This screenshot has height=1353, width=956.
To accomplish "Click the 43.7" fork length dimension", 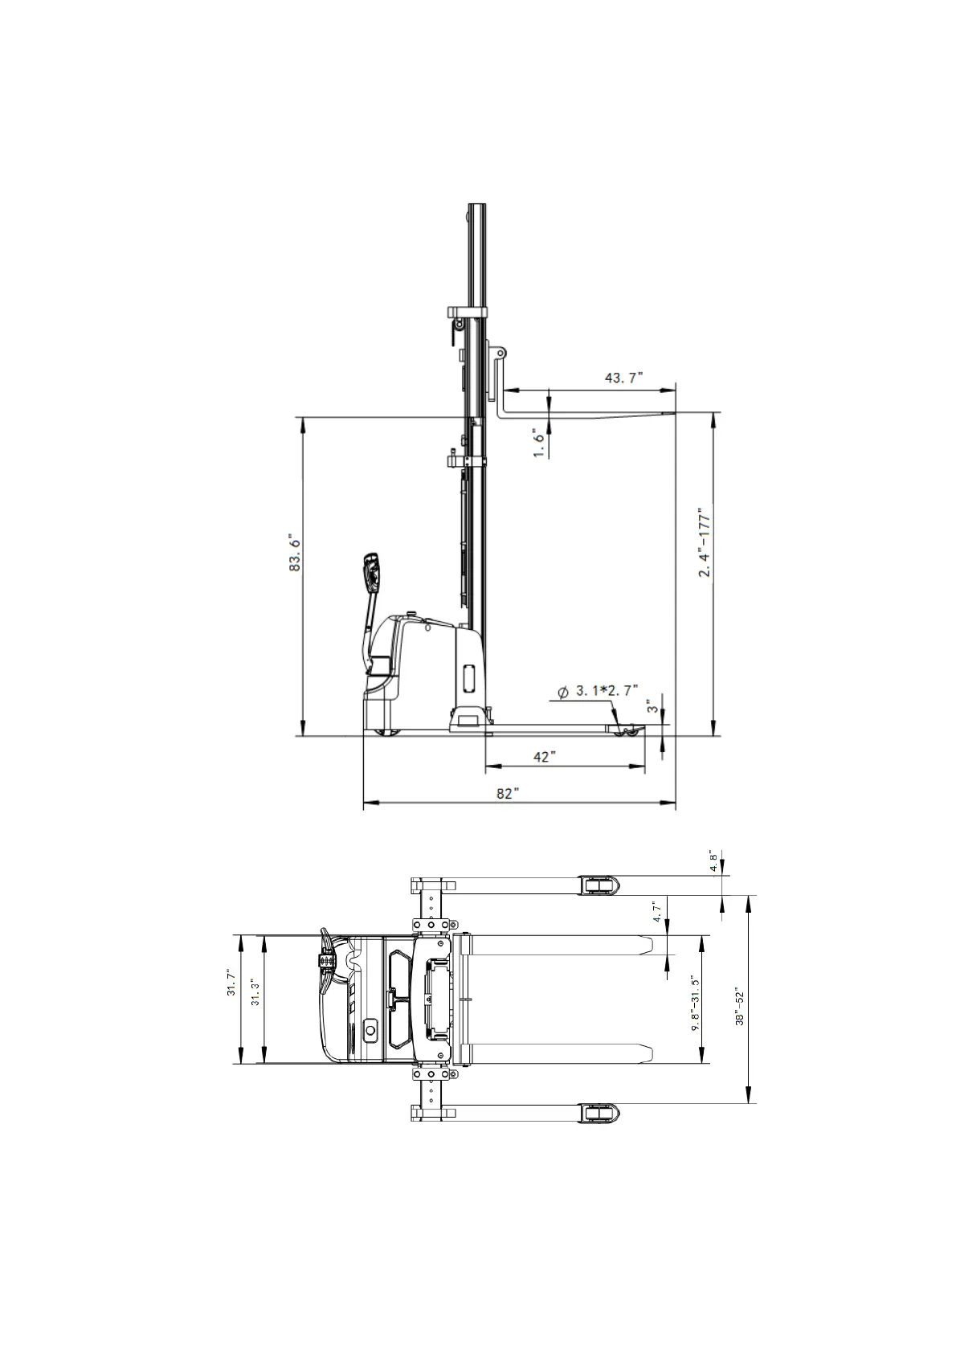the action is click(624, 378).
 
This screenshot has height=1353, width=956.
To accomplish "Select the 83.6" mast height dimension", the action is click(295, 552).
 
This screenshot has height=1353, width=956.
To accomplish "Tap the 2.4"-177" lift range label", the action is click(705, 542).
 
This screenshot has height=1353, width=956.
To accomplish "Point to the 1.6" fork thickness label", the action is click(539, 443).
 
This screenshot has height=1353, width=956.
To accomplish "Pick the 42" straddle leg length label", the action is click(544, 757).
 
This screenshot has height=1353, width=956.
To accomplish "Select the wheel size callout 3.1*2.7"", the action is click(599, 691).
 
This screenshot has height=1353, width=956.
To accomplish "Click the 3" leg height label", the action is click(652, 706).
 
